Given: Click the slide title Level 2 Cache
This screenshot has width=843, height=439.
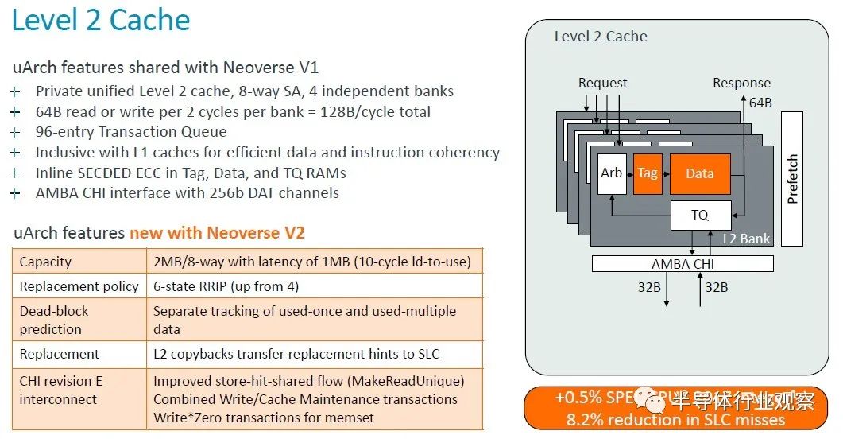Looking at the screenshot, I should coord(101,20).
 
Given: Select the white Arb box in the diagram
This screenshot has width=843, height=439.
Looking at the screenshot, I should coord(611,174).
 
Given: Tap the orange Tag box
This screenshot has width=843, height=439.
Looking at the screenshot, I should coord(648,173).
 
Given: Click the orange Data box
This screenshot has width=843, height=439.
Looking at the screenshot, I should coord(699,174).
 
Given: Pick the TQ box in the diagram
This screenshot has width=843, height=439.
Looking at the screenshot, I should coord(699,215).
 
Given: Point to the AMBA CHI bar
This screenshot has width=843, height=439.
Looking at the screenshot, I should coord(683,263).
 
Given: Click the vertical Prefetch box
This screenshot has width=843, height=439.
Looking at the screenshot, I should coord(792,178).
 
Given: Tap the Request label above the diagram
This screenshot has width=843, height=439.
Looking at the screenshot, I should coord(602,83).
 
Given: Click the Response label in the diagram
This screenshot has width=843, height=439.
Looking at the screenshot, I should coord(741,83).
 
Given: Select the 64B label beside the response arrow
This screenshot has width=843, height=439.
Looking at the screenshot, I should coord(760,102).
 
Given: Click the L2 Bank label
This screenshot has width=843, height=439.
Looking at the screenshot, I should coord(746,239).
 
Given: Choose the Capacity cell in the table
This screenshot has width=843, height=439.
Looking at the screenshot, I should coord(45,262).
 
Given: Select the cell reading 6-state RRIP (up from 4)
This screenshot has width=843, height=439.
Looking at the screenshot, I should coord(225,286).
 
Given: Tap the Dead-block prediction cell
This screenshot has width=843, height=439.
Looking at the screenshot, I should coord(54,320).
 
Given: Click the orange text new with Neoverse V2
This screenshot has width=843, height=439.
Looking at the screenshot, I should coord(217,233).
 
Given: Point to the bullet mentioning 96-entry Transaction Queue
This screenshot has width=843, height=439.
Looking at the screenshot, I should coord(131,132).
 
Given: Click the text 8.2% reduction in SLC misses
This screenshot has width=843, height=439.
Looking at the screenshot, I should coord(675,420).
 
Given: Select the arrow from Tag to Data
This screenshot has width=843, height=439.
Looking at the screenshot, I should coord(665,174).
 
